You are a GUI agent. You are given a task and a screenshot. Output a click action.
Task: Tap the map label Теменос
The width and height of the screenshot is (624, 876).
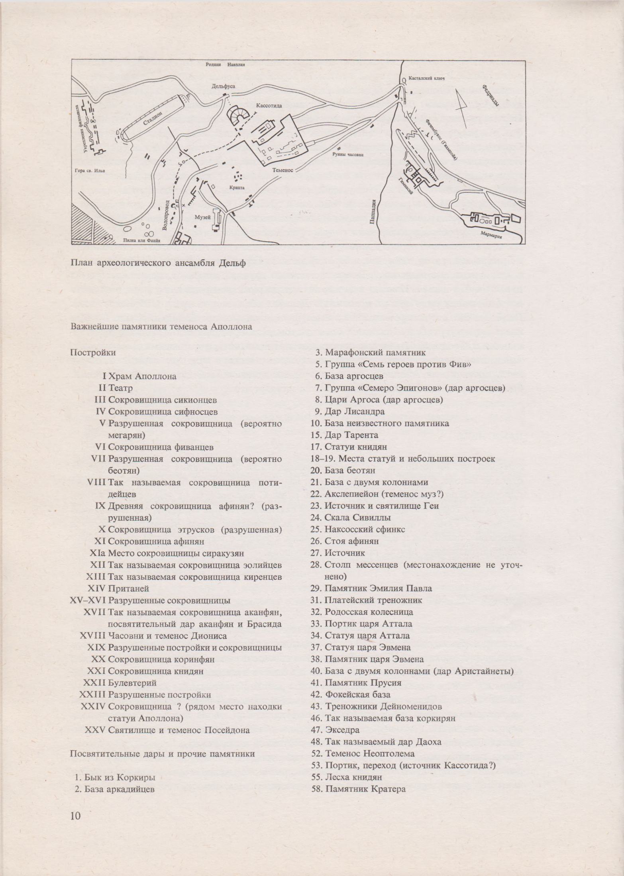[x=283, y=170]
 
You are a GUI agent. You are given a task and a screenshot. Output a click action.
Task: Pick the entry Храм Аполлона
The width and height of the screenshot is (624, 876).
[x=142, y=376]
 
